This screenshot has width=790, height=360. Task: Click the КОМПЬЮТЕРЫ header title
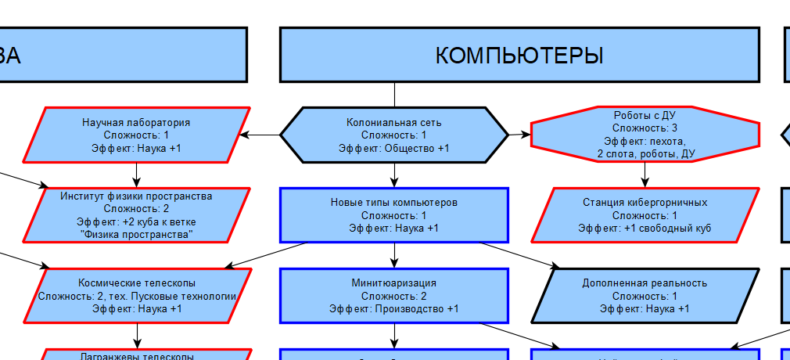(x=519, y=55)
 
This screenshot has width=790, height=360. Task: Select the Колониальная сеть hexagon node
(x=394, y=135)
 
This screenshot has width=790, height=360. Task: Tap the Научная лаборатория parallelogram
(x=137, y=135)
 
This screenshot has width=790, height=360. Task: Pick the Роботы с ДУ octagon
(x=645, y=135)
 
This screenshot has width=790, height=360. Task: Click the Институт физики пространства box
(x=137, y=214)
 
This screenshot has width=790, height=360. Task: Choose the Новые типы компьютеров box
(x=394, y=214)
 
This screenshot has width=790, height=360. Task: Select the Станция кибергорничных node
(x=645, y=214)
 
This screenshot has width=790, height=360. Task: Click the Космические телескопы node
(x=137, y=295)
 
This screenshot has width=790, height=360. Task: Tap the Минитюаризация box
(x=394, y=295)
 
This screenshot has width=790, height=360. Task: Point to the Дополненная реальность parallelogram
(x=645, y=295)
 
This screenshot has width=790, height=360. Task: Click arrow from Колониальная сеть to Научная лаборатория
(x=260, y=135)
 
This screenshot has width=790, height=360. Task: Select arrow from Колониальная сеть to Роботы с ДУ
(x=519, y=135)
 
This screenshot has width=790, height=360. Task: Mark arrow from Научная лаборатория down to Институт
(x=137, y=174)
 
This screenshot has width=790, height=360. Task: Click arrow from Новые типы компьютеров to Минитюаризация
(x=394, y=254)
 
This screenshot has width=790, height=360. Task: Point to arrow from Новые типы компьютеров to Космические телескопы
(x=266, y=255)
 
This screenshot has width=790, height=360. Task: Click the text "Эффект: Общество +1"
(x=394, y=148)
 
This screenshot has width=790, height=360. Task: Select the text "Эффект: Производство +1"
(x=394, y=309)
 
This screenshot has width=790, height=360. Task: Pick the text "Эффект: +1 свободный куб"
(x=645, y=228)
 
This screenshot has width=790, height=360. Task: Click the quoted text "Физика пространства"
(x=137, y=235)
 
